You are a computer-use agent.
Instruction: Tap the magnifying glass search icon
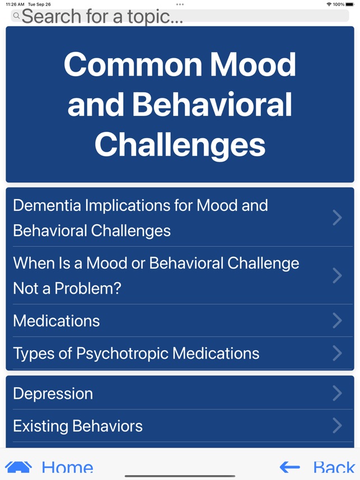pos(16,16)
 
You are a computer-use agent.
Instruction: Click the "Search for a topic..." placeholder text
pos(102,16)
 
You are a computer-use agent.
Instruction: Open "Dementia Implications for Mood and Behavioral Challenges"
pos(140,218)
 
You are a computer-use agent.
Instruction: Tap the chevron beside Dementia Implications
pos(337,218)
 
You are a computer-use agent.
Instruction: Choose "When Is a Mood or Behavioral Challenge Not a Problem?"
pos(156,275)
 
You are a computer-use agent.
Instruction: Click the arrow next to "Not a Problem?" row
pos(337,275)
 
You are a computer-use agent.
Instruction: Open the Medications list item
pos(57,321)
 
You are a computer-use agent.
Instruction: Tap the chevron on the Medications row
pos(337,321)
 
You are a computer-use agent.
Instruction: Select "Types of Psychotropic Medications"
pos(136,353)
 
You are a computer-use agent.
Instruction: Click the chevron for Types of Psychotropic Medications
pos(337,353)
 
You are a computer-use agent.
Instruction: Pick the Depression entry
pos(53,393)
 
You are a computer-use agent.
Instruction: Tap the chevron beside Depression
pos(337,393)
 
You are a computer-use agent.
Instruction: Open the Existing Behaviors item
pos(78,426)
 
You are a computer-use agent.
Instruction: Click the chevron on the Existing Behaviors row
pos(337,426)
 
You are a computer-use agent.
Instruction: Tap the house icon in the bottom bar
pos(18,467)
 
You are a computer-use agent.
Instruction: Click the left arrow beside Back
pos(290,467)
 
